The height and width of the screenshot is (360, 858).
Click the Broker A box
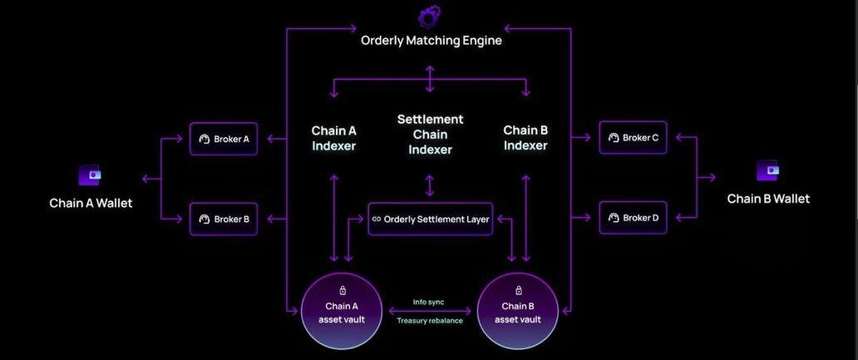pos(224,139)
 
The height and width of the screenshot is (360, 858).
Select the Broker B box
pos(224,219)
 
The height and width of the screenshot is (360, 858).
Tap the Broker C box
pos(633,137)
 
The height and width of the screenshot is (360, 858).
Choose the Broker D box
pos(633,218)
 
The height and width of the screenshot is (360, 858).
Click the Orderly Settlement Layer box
pos(430,219)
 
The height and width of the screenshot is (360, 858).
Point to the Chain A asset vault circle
pos(342,311)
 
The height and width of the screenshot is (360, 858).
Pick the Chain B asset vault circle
pos(518,311)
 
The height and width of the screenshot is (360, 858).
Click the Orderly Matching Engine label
pos(431,40)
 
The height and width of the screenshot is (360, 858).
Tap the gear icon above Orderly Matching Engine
pos(429,16)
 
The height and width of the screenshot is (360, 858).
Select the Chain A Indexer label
pos(333,138)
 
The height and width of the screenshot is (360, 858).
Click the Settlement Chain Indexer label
pos(430,135)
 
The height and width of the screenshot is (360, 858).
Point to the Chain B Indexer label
pos(525,138)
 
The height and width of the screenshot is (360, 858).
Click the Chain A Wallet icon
pos(90,175)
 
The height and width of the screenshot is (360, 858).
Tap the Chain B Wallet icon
pos(767,171)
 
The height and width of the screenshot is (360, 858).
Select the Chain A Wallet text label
pos(91,203)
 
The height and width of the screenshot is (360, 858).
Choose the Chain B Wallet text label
pos(768,199)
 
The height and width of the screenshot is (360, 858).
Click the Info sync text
pos(429,302)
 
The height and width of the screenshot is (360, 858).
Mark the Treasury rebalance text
pos(430,320)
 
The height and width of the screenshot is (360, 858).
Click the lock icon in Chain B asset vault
pos(519,290)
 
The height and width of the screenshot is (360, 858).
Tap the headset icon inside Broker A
pos(205,140)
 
